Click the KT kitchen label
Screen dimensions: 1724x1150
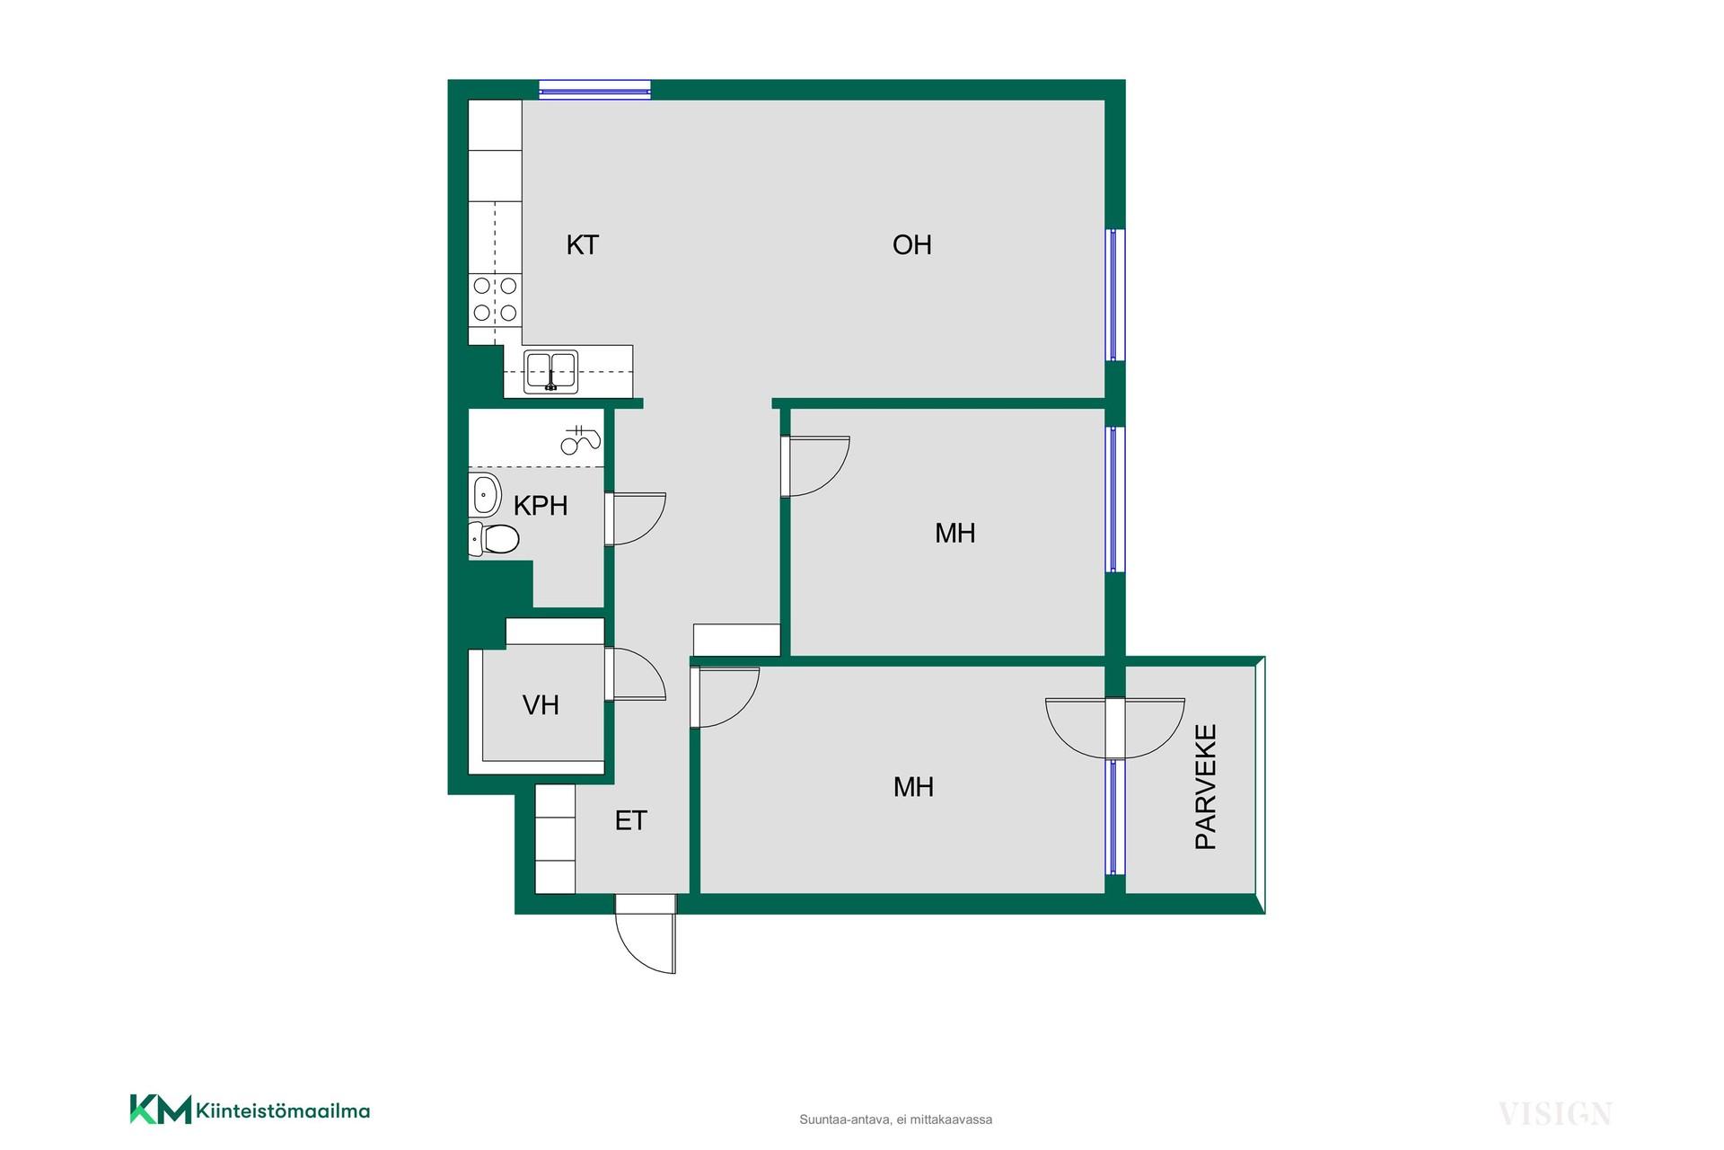pos(582,245)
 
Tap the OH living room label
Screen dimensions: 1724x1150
pos(911,245)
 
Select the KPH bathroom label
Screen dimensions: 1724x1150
pos(541,506)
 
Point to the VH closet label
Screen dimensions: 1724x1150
pos(541,705)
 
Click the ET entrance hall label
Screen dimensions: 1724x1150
pos(630,820)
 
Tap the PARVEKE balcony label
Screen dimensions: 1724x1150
pos(1205,787)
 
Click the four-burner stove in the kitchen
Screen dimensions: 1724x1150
pos(495,299)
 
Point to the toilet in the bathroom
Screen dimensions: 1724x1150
pos(493,539)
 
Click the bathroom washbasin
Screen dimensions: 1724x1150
pos(485,494)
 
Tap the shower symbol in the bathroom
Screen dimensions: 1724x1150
pos(580,439)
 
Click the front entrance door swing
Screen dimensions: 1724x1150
pos(646,933)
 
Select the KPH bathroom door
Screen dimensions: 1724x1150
pos(635,518)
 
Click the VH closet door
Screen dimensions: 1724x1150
pos(635,674)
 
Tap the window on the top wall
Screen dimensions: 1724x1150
pos(594,89)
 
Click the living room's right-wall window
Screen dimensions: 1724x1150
pos(1114,295)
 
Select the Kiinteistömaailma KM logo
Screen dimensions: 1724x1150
pos(250,1110)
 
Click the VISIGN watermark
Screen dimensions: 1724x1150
pos(1555,1114)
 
